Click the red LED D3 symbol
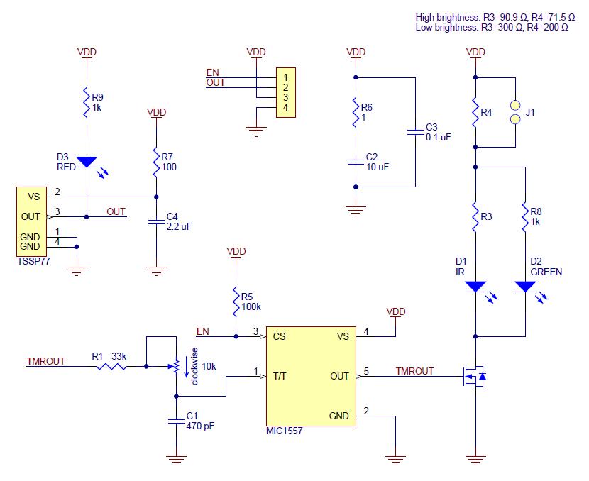86,162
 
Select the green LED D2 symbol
524,287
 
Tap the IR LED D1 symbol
475,287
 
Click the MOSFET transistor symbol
472,377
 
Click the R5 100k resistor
234,301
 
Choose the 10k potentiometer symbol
175,367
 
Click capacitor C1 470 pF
175,420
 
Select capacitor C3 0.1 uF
414,131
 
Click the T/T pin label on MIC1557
280,376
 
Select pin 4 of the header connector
285,107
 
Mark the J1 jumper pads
515,111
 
